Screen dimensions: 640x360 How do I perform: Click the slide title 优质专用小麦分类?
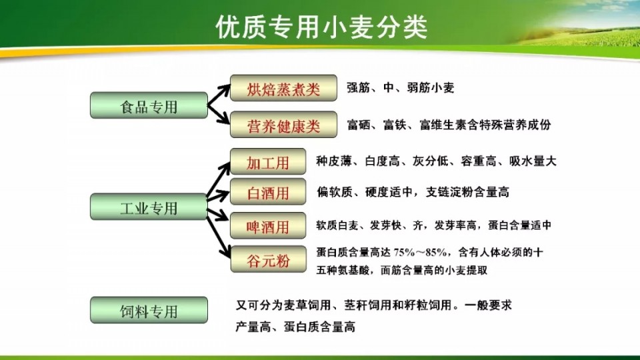click(321, 27)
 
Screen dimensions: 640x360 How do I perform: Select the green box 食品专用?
click(149, 105)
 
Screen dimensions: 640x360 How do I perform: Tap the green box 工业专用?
click(149, 207)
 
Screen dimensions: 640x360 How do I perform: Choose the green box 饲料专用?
click(149, 310)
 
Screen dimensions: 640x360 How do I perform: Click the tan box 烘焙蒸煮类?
click(284, 88)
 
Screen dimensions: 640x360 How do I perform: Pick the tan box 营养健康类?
click(284, 125)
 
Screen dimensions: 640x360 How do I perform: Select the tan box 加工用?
click(268, 161)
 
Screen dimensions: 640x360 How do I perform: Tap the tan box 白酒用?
click(268, 191)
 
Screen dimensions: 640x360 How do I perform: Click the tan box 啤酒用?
click(268, 225)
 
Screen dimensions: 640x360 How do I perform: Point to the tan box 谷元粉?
click(268, 259)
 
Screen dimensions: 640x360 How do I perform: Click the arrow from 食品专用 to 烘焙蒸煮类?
click(219, 95)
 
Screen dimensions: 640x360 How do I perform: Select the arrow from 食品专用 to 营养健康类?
click(219, 114)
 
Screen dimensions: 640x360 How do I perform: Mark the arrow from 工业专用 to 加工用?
click(219, 179)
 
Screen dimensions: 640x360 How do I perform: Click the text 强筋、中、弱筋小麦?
click(401, 88)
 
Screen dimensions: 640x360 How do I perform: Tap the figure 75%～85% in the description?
click(421, 253)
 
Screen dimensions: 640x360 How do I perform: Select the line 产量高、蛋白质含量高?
click(295, 327)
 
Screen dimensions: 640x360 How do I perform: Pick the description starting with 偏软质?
click(413, 192)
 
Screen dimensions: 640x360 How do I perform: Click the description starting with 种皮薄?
click(436, 161)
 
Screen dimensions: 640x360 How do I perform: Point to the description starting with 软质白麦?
click(434, 225)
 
